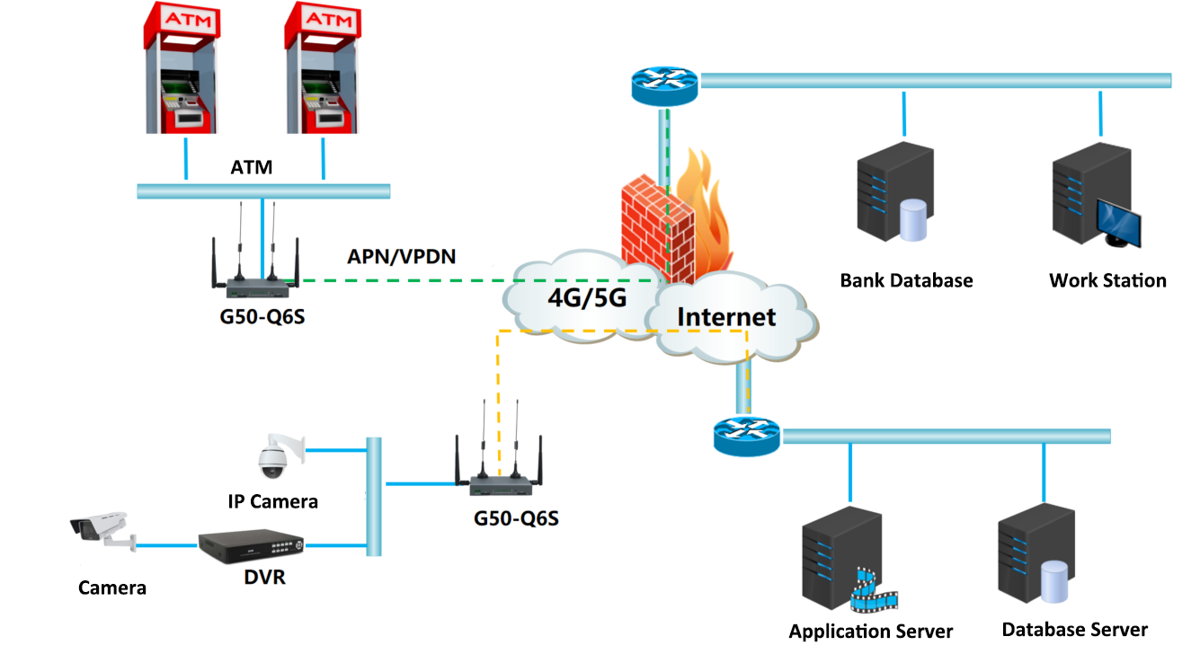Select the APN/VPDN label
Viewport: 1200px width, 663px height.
[x=401, y=257]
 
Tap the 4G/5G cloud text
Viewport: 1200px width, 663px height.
[x=586, y=297]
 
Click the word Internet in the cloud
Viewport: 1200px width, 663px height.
[x=725, y=316]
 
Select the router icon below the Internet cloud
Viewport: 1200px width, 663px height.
[x=747, y=436]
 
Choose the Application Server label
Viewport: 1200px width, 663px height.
[x=870, y=632]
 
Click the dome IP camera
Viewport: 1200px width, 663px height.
[x=272, y=459]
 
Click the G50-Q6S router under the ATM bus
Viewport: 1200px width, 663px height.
[x=257, y=287]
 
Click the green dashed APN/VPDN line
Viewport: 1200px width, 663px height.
[x=404, y=280]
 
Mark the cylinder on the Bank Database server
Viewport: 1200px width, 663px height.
[x=912, y=221]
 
